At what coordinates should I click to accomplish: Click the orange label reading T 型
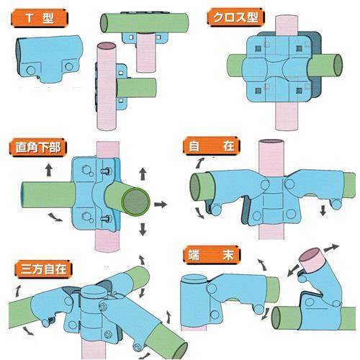[x=40, y=18]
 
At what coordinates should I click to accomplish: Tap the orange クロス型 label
[x=235, y=17]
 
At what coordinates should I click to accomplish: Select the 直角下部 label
[x=38, y=147]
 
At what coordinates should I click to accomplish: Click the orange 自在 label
[x=212, y=146]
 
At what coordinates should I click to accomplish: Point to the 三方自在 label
[x=43, y=269]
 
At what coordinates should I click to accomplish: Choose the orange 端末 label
[x=212, y=255]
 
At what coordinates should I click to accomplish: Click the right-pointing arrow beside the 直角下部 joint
[x=161, y=204]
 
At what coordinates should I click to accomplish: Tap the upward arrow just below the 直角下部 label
[x=49, y=170]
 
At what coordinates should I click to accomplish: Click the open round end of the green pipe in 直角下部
[x=136, y=202]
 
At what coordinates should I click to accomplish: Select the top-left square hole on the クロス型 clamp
[x=258, y=49]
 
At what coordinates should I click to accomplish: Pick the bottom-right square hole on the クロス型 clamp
[x=299, y=91]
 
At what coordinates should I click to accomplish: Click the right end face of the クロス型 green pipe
[x=338, y=66]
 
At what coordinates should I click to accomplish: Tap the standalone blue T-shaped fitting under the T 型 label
[x=50, y=59]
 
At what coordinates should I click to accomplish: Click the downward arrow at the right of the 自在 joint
[x=323, y=210]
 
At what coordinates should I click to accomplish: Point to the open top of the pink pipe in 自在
[x=271, y=141]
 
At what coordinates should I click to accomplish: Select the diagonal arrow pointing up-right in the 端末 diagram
[x=331, y=248]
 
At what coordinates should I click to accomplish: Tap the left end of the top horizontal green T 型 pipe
[x=104, y=23]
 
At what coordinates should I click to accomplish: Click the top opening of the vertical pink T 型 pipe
[x=107, y=45]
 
